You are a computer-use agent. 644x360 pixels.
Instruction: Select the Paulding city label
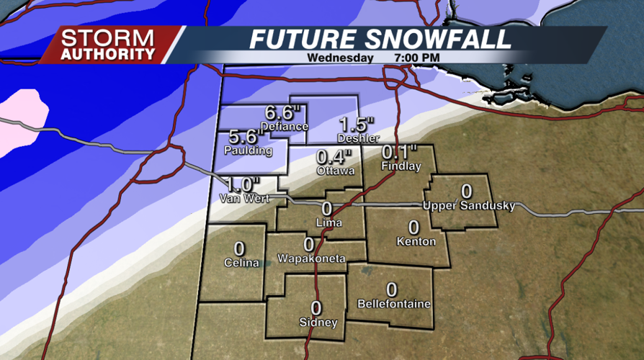249,150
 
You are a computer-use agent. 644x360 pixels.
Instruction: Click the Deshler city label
358,138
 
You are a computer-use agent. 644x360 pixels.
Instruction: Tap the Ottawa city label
335,171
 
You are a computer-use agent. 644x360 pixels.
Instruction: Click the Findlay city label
400,166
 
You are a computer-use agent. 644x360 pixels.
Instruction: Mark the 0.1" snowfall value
400,153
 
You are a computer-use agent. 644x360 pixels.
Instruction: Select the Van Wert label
245,198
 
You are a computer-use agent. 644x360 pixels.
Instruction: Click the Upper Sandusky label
469,206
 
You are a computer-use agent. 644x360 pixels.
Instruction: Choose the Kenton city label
416,241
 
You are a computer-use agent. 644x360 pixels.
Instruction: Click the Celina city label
241,263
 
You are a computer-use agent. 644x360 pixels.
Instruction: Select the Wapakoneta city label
311,258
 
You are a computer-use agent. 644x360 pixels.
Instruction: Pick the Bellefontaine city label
394,304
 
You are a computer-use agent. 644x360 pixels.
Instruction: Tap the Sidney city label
318,323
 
